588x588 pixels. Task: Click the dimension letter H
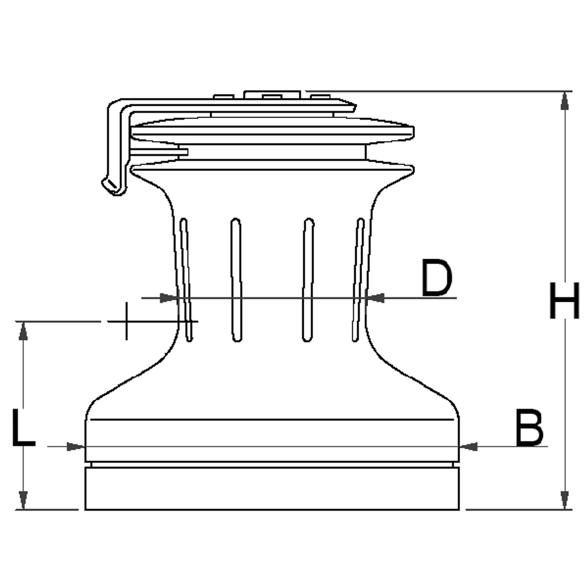click(565, 300)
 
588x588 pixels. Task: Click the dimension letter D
click(437, 278)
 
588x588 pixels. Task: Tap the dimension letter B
click(529, 428)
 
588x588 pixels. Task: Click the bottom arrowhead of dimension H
click(565, 500)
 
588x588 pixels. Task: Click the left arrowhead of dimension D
click(169, 298)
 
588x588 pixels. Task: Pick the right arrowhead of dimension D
click(375, 298)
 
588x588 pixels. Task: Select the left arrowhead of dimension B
click(76, 446)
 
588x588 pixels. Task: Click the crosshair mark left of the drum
click(126, 321)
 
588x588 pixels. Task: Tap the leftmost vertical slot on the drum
click(186, 280)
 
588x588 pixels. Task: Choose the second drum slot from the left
click(236, 279)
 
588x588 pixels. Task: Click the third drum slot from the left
click(308, 279)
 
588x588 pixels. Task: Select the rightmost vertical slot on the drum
click(358, 280)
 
